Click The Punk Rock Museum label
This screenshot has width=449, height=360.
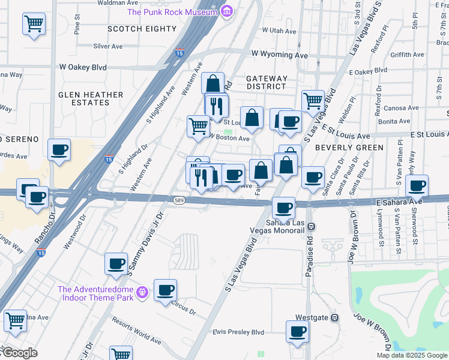coord(172,12)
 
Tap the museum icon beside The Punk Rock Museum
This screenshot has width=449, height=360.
coord(226,11)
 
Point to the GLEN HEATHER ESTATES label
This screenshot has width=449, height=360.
coord(91,99)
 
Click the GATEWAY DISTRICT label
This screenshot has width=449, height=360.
coord(267,82)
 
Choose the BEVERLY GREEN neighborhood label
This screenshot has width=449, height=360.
coord(349,148)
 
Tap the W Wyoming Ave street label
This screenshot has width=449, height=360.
coord(283,53)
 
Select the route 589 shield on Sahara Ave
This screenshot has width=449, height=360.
coord(178,200)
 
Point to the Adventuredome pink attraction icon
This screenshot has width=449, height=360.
coord(142,292)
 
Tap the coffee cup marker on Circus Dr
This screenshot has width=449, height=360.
coord(165,290)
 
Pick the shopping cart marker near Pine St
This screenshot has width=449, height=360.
coord(34,24)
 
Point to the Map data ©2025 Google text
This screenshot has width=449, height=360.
coord(412,355)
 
